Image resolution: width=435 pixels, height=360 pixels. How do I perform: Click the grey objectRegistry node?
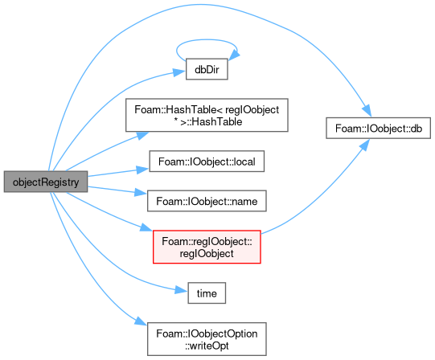pyautogui.click(x=46, y=182)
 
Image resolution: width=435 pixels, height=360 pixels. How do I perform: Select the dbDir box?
pyautogui.click(x=207, y=69)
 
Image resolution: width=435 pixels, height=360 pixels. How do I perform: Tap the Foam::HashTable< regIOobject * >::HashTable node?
pyautogui.click(x=207, y=115)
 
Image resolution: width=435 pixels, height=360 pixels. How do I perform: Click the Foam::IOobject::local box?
pyautogui.click(x=207, y=162)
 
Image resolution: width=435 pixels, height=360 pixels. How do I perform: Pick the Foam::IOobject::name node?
pyautogui.click(x=207, y=201)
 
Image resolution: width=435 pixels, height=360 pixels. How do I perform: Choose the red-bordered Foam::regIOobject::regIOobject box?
pyautogui.click(x=207, y=247)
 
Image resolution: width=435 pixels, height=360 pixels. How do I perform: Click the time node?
pyautogui.click(x=207, y=293)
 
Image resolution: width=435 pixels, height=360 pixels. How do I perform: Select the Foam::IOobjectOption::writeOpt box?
pyautogui.click(x=207, y=339)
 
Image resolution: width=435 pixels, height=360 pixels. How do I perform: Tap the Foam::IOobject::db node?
pyautogui.click(x=378, y=128)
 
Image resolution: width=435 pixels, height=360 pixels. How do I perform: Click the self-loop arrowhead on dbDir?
pyautogui.click(x=235, y=54)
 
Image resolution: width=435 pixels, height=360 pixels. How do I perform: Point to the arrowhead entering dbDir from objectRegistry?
pyautogui.click(x=179, y=72)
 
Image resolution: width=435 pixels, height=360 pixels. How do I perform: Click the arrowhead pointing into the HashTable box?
pyautogui.click(x=142, y=135)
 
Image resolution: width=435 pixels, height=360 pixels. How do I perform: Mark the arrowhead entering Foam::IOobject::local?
pyautogui.click(x=142, y=170)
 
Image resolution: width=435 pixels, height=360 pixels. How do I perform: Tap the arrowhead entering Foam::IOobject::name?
pyautogui.click(x=141, y=192)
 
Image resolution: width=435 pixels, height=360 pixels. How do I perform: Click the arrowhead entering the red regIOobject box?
pyautogui.click(x=146, y=227)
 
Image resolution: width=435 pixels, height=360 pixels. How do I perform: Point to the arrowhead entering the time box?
pyautogui.click(x=181, y=290)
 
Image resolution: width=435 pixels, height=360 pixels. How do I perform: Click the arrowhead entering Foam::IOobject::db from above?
pyautogui.click(x=367, y=111)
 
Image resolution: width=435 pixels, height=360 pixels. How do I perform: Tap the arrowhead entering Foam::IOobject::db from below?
pyautogui.click(x=365, y=145)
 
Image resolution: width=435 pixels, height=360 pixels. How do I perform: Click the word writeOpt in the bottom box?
pyautogui.click(x=207, y=346)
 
